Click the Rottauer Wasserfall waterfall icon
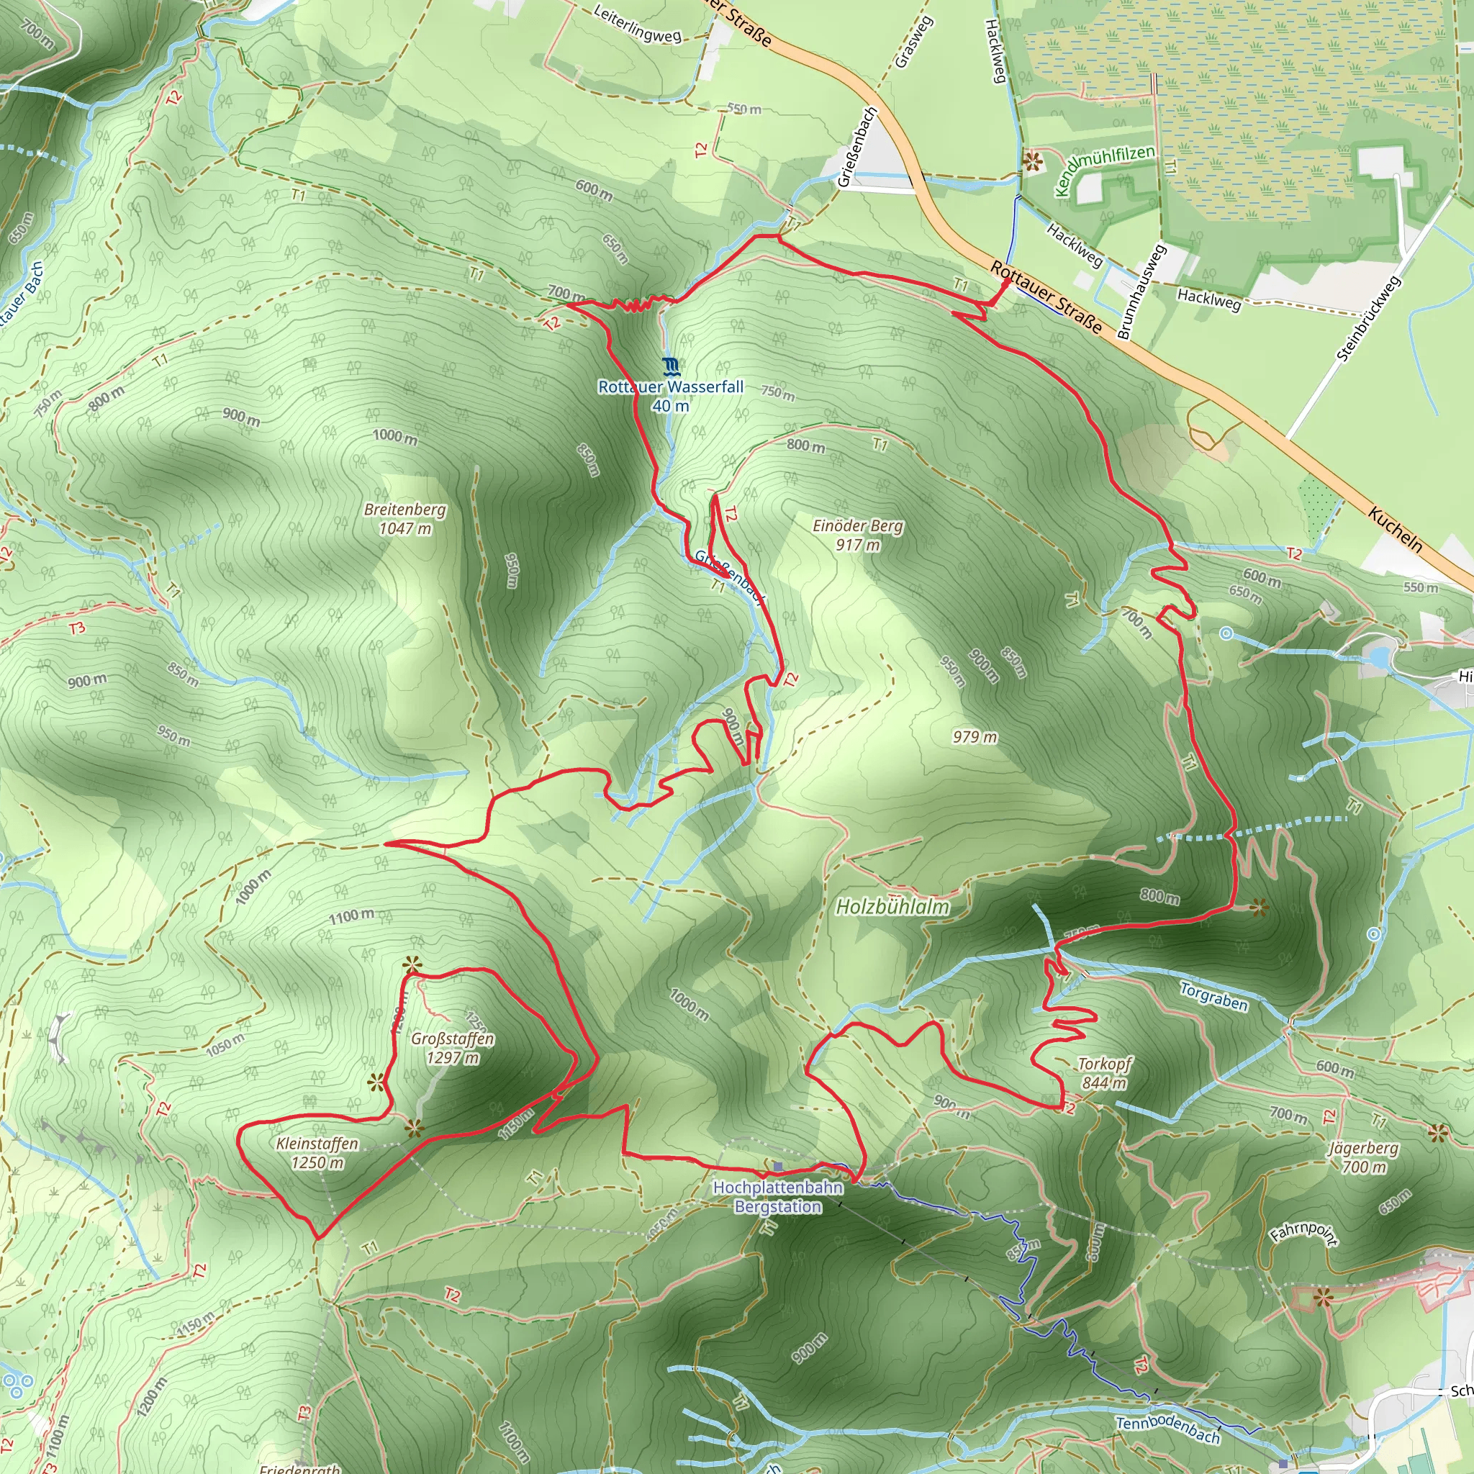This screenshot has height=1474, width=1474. coord(671,367)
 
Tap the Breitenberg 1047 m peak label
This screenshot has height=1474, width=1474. coord(405,519)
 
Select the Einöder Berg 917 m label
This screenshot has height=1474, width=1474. coord(857,535)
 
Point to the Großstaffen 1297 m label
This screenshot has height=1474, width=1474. coord(453,1047)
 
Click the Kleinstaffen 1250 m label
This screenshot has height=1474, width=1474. coord(317,1153)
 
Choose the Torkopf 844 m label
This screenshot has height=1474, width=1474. coord(1104,1072)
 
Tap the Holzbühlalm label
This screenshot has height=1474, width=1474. coord(892,906)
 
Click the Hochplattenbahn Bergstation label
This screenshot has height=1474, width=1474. coord(778,1196)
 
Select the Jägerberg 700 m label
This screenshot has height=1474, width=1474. coord(1363,1157)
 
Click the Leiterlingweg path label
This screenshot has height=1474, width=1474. coord(637,25)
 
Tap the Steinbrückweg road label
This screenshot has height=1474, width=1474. coord(1369,318)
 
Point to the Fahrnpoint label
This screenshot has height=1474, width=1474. coord(1303,1234)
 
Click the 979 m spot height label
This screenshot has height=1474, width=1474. coord(975,737)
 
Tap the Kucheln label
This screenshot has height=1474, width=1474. coord(1396,529)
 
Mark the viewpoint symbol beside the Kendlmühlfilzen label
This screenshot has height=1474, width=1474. coord(1032,161)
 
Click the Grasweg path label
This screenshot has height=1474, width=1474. coord(913,42)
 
